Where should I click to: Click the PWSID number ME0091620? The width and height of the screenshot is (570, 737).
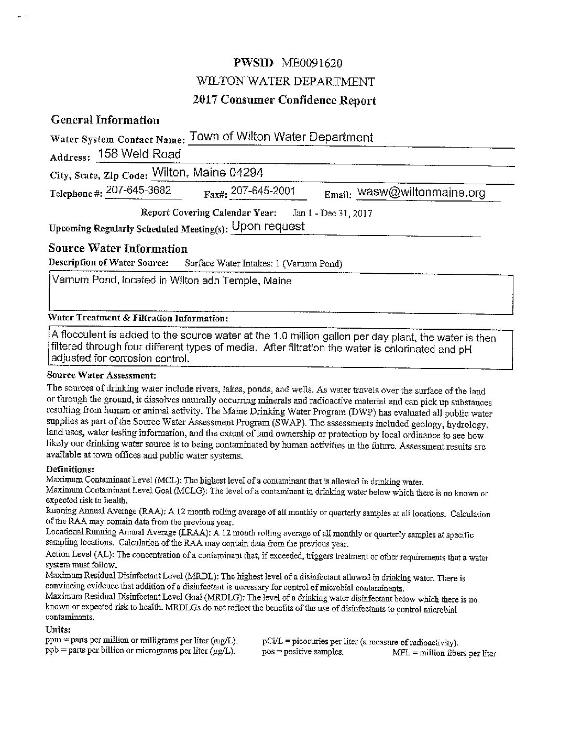(x=312, y=63)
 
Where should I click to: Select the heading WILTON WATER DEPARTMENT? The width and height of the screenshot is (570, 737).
(x=286, y=82)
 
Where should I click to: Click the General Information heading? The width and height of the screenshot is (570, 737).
(x=105, y=120)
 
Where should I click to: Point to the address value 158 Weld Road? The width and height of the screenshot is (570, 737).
(x=139, y=154)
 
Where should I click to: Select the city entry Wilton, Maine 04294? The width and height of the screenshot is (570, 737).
(x=207, y=173)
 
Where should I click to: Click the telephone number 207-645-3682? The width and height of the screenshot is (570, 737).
(x=138, y=191)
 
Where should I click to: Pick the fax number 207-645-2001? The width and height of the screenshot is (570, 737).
(x=263, y=191)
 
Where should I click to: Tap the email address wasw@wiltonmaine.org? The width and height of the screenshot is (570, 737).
(x=421, y=193)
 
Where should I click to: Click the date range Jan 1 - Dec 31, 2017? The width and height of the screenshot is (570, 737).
(x=332, y=213)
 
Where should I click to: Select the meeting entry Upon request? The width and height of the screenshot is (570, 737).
(x=268, y=227)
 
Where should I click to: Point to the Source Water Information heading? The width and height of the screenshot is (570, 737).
(x=118, y=249)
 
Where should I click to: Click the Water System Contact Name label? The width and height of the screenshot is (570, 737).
(x=118, y=140)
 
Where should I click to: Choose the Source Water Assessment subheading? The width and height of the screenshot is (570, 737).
(x=102, y=375)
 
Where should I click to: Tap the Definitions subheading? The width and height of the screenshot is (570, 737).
(x=70, y=469)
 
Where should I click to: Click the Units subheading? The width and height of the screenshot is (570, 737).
(x=58, y=630)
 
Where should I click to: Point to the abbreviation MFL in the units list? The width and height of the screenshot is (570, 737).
(x=401, y=653)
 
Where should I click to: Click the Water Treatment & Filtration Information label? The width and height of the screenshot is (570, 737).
(x=138, y=318)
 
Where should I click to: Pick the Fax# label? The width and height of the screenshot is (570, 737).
(x=215, y=194)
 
